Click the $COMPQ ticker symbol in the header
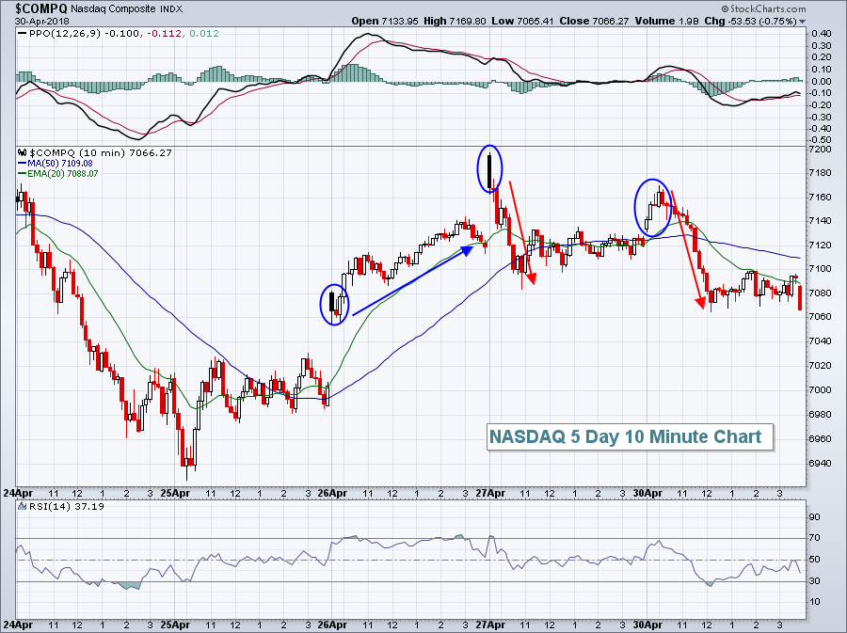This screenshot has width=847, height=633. click(x=35, y=8)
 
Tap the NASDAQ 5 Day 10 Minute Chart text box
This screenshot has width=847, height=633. click(x=625, y=436)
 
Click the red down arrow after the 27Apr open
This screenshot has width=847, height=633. click(x=521, y=230)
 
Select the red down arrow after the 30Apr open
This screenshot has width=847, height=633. click(x=687, y=249)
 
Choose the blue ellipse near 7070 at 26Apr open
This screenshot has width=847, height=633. click(x=334, y=304)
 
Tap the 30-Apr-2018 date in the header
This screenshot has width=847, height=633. click(x=35, y=20)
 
